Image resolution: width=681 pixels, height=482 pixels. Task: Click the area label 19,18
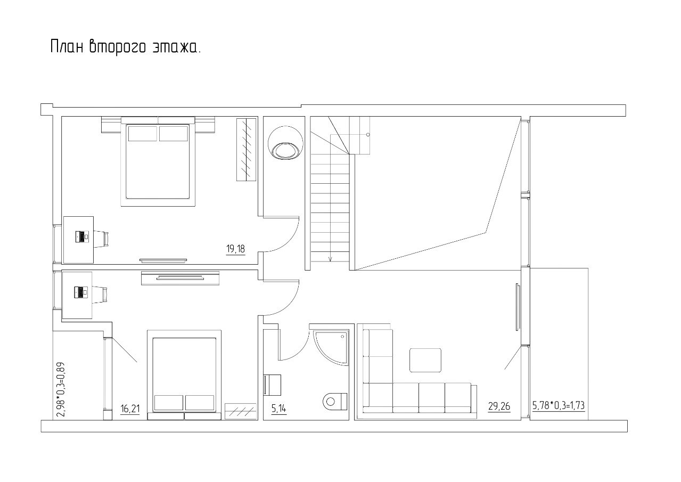235,249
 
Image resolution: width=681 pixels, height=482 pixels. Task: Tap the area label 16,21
130,409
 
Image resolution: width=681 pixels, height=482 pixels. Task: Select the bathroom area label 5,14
279,409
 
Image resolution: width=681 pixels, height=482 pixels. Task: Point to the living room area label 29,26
499,406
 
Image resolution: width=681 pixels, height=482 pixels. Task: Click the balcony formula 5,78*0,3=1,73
559,405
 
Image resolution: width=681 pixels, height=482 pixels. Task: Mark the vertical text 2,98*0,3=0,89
61,389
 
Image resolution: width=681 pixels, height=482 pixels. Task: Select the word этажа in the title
175,47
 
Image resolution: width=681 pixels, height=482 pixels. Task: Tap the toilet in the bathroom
335,401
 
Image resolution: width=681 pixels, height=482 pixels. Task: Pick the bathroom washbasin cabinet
272,385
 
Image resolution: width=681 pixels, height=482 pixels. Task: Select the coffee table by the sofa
425,360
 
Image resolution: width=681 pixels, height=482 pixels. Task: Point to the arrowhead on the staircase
331,259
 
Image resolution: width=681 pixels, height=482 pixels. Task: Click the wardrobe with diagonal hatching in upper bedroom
246,150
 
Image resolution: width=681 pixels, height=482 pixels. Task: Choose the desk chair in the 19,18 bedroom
101,239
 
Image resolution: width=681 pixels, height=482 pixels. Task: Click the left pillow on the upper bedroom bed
142,134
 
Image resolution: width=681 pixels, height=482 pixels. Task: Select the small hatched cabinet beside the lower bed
241,412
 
